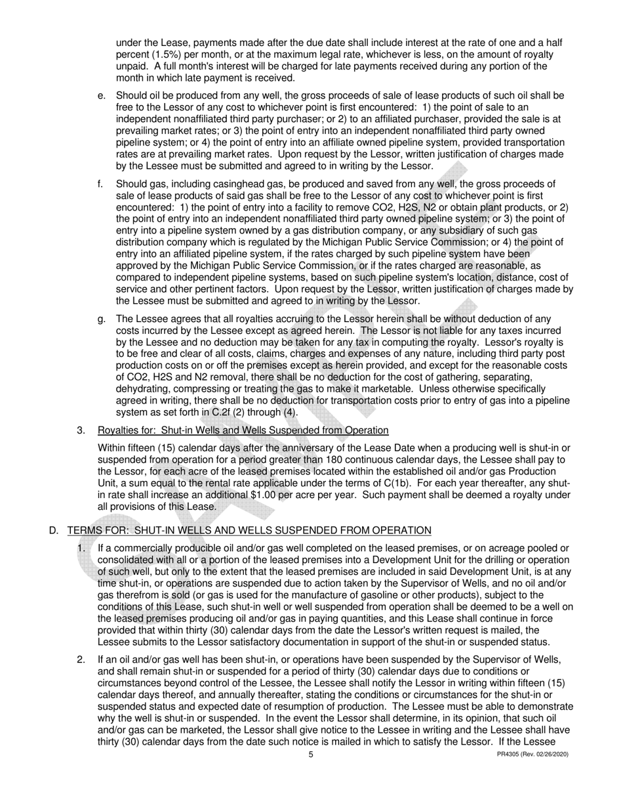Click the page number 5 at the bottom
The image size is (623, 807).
click(311, 755)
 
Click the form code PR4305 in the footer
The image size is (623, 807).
click(511, 755)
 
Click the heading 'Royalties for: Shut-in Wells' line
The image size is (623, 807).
click(243, 430)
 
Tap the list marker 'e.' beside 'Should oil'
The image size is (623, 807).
click(102, 96)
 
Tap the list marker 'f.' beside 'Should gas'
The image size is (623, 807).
click(101, 184)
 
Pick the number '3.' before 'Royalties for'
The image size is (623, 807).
click(81, 430)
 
